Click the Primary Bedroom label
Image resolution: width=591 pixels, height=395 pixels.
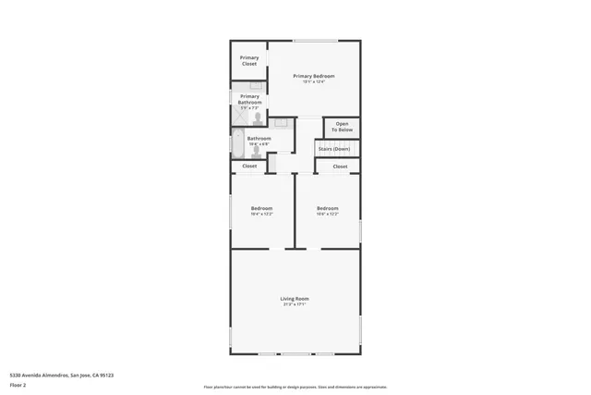point(314,76)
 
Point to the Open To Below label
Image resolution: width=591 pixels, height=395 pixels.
point(342,127)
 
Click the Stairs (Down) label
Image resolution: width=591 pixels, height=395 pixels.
point(333,148)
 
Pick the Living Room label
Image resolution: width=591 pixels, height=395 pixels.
point(295,298)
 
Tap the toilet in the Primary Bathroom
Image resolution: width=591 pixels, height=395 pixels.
point(258,117)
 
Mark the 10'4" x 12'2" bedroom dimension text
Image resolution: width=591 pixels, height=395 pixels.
point(261,215)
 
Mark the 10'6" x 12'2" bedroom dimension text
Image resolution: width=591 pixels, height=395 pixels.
point(328,215)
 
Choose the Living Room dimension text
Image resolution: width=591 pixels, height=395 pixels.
point(295,304)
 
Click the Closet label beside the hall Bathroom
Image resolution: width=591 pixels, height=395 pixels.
point(249,167)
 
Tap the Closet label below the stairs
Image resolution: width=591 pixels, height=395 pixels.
point(340,167)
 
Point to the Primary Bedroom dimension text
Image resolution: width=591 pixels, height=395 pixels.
point(314,82)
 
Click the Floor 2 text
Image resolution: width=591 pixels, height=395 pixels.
point(17,384)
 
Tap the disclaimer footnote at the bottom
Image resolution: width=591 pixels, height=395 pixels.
point(295,387)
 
